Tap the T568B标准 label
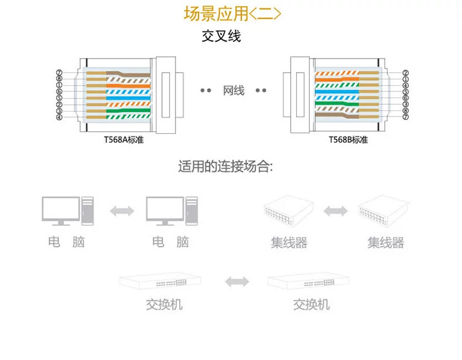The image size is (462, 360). click(348, 140)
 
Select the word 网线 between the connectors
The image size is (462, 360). click(233, 91)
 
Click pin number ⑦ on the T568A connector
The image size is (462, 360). click(59, 72)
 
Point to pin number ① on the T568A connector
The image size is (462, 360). click(59, 85)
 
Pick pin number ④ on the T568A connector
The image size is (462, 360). click(59, 117)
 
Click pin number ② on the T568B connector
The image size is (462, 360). click(405, 72)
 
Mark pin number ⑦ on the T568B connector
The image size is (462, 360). click(405, 117)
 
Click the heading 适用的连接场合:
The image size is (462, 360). click(225, 167)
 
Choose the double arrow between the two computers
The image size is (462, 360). click(121, 211)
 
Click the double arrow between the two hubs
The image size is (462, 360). click(335, 211)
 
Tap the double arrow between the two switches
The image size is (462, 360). click(237, 282)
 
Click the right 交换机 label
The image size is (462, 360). click(311, 305)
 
